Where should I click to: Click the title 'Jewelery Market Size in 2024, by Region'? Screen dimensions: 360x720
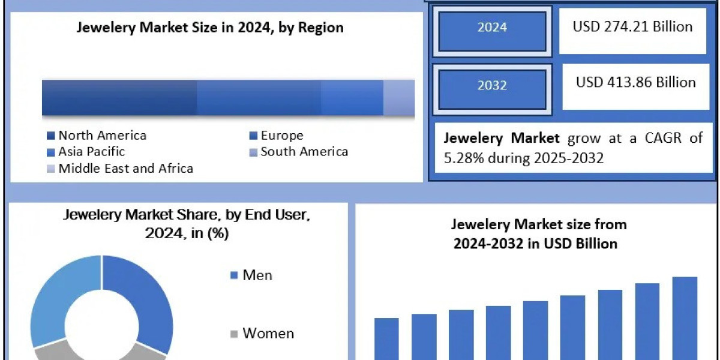click(x=210, y=28)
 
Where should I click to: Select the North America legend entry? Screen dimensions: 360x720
click(x=102, y=136)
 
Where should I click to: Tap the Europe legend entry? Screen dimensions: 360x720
click(x=281, y=136)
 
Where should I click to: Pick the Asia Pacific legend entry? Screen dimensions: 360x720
click(x=91, y=152)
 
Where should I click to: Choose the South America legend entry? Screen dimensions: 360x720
click(x=304, y=152)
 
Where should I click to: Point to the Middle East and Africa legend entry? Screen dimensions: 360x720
click(x=125, y=169)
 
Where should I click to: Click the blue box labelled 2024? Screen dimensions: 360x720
click(x=492, y=28)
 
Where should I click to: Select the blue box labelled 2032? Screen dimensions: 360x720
click(x=492, y=86)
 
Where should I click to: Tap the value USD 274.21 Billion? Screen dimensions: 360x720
click(x=632, y=27)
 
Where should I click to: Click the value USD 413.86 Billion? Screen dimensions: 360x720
click(x=635, y=82)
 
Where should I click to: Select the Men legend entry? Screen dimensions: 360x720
click(x=257, y=275)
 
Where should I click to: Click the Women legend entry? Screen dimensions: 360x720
click(x=268, y=334)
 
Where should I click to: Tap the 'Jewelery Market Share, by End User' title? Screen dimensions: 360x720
click(x=187, y=223)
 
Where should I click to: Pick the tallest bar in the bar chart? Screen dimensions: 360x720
click(x=685, y=318)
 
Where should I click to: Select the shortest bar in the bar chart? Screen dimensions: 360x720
click(x=386, y=339)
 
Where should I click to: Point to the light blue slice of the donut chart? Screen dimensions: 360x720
click(x=54, y=300)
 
